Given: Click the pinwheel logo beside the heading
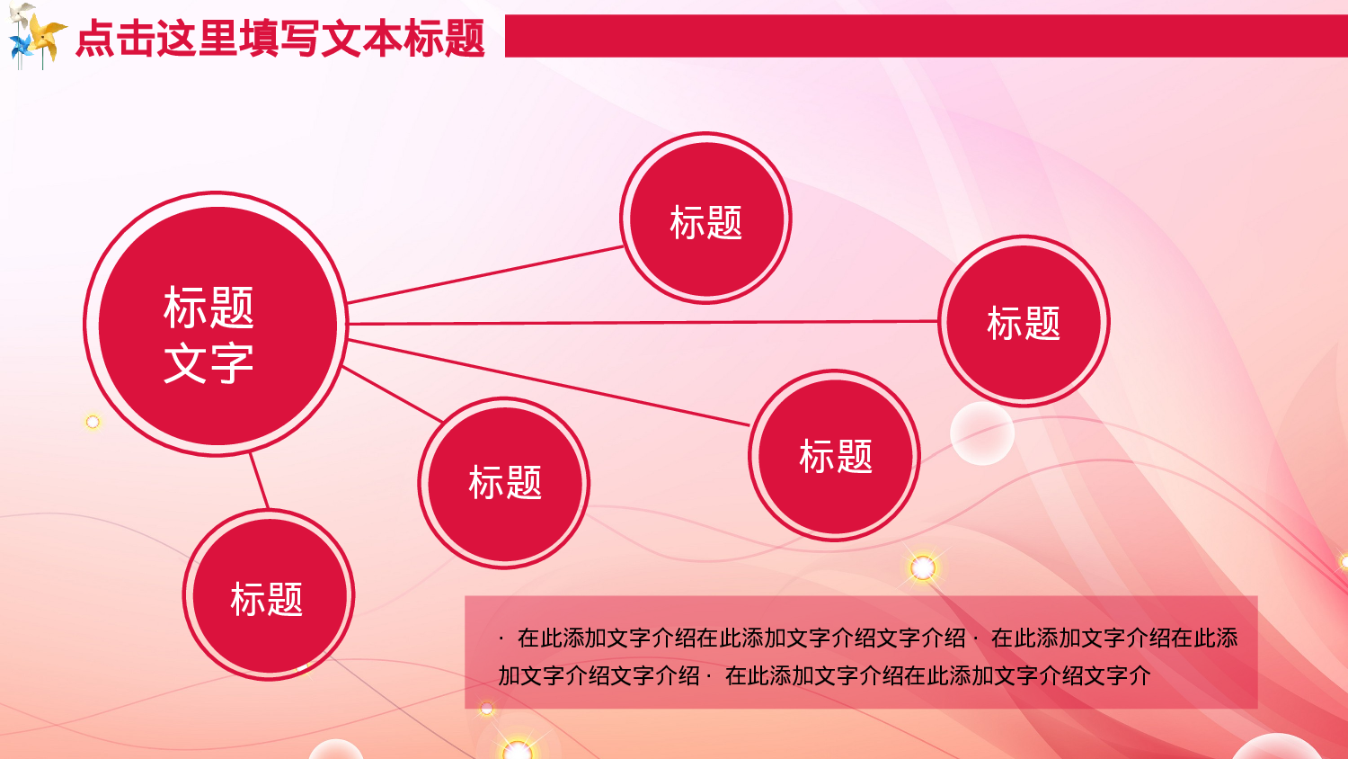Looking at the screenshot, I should (36, 36).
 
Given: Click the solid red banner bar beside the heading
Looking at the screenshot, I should (926, 36).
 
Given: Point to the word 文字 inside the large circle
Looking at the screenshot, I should (208, 363).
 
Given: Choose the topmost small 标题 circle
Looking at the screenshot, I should (705, 219).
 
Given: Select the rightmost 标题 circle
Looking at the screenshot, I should (1024, 321).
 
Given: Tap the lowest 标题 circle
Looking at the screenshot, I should (268, 595).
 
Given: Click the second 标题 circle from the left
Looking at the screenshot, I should (504, 483).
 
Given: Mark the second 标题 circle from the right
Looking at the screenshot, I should (835, 456).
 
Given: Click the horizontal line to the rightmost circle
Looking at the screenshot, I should (643, 322).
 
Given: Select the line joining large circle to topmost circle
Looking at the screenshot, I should (485, 274).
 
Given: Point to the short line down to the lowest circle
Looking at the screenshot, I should (259, 481).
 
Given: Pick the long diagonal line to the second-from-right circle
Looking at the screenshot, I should (548, 382).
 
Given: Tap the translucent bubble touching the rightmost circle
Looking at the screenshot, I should (982, 434).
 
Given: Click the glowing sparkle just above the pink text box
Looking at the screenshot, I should (923, 567).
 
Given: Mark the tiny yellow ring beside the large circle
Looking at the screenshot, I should (93, 422).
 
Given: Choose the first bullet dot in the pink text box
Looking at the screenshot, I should (501, 639).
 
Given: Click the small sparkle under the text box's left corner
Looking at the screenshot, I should (487, 710).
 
